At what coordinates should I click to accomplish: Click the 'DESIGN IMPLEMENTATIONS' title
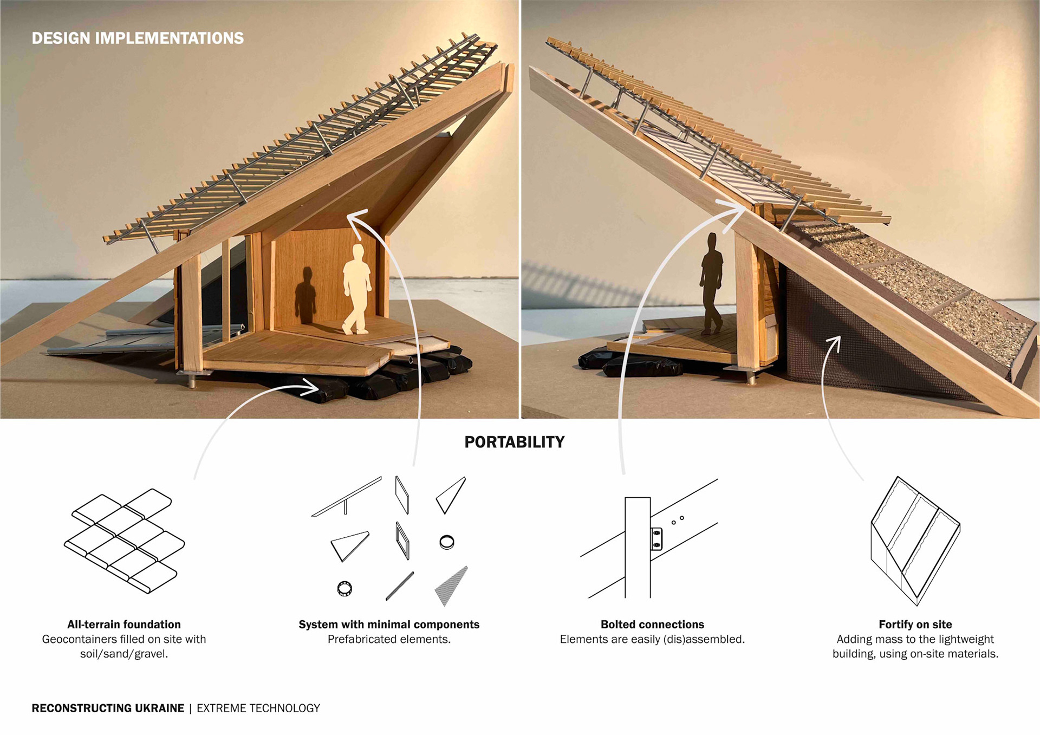click(x=138, y=38)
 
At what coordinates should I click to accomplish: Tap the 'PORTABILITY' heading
click(x=514, y=442)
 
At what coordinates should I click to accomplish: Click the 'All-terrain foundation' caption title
click(x=124, y=625)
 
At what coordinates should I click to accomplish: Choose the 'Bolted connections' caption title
click(x=652, y=625)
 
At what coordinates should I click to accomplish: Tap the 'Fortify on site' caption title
click(x=915, y=625)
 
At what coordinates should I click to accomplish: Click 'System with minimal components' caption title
click(x=389, y=625)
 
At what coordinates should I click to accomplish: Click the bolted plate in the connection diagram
click(x=656, y=539)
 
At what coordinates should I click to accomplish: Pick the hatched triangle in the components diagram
click(x=452, y=586)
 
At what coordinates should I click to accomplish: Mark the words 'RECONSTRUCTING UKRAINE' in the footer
click(x=108, y=708)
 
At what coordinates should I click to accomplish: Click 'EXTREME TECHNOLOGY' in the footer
click(x=258, y=708)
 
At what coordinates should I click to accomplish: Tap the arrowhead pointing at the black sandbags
click(x=312, y=387)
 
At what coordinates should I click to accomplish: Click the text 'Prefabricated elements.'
click(x=389, y=640)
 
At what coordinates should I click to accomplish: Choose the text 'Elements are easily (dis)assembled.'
click(x=652, y=640)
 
